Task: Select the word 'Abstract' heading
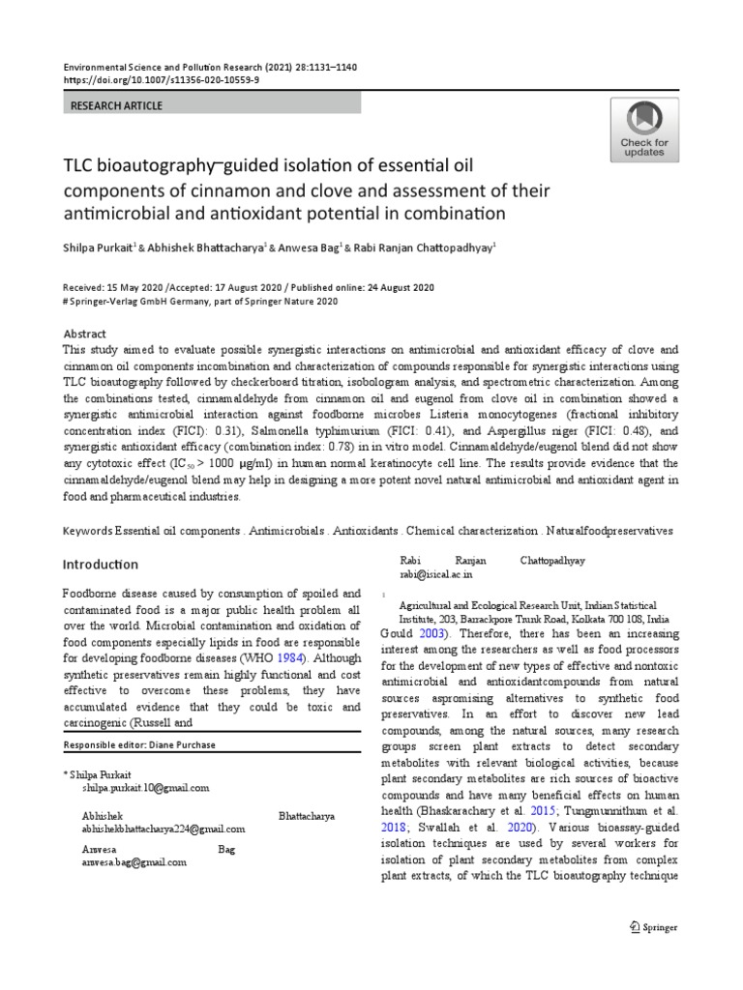point(84,331)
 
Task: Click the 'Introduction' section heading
point(101,564)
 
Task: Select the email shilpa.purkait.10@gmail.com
point(145,788)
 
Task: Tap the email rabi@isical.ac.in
point(435,574)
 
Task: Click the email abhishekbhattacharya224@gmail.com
point(163,829)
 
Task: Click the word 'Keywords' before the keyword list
point(87,532)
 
